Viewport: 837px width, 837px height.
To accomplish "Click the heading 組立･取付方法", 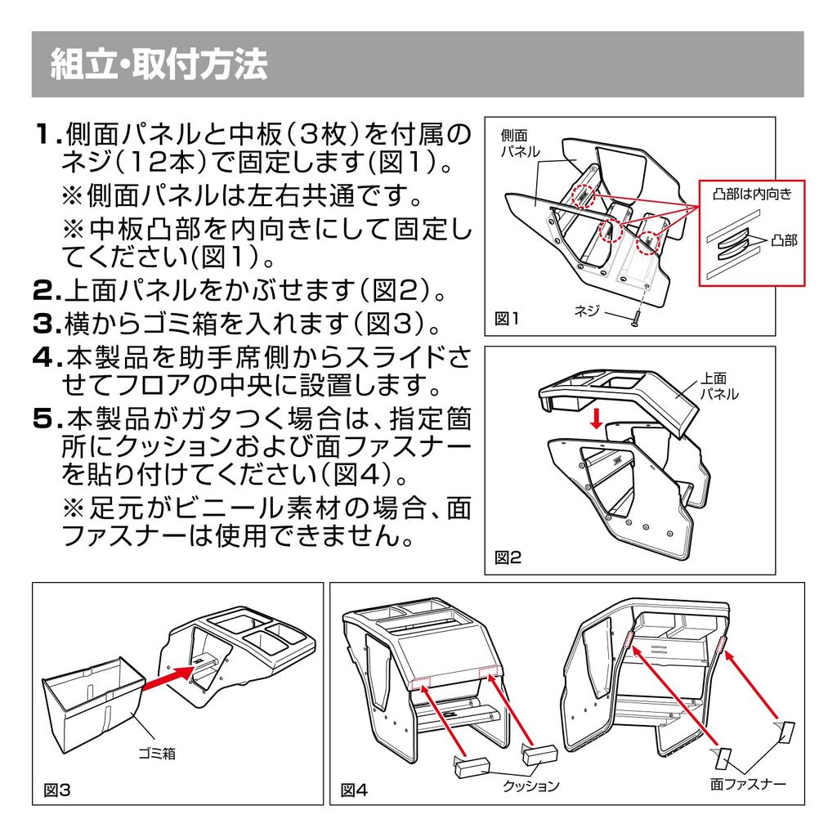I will coord(159,65).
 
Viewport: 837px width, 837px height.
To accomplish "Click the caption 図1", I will coord(507,318).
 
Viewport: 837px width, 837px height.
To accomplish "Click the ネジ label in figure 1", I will coord(588,309).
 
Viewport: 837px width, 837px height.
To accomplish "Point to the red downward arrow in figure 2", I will coord(598,418).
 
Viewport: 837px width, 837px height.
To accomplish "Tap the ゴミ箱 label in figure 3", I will coord(155,754).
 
